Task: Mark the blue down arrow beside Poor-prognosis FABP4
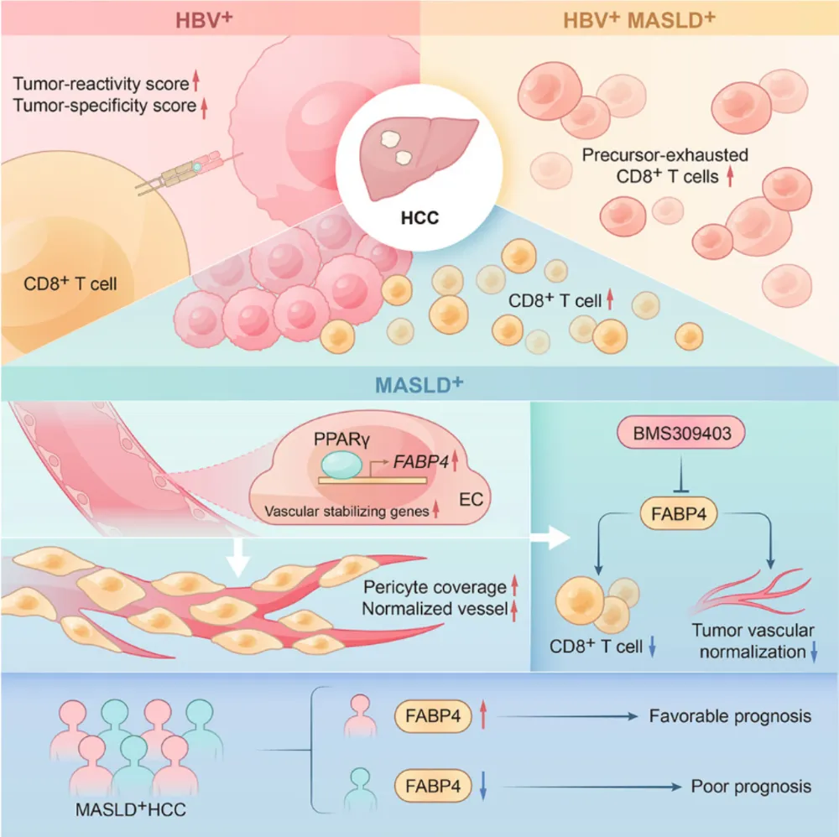tap(482, 786)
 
